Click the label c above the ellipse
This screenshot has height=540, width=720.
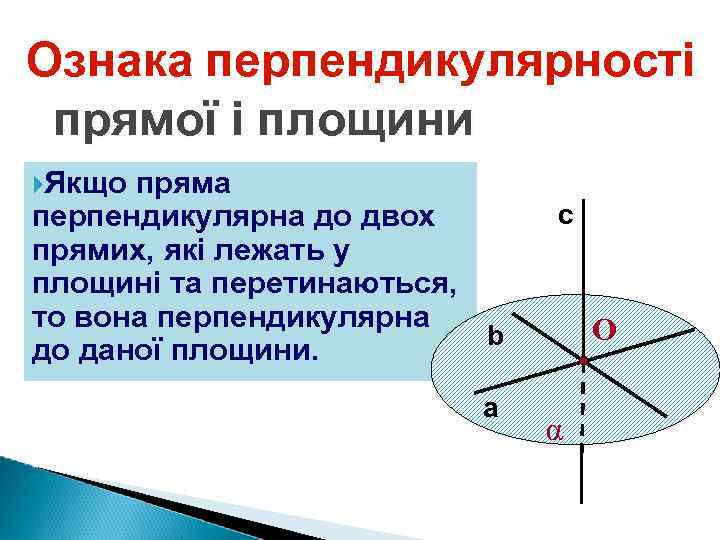click(x=565, y=215)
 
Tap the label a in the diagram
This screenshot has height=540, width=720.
click(x=490, y=408)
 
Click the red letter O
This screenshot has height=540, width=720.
click(x=604, y=329)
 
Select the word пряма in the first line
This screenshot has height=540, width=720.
click(x=185, y=185)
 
